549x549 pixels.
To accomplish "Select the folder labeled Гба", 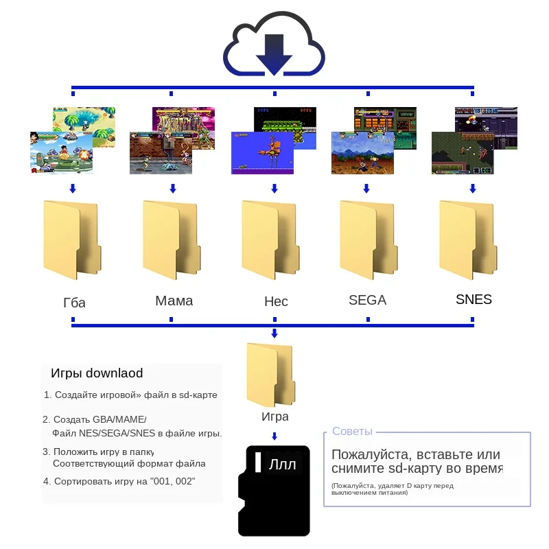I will click(70, 240).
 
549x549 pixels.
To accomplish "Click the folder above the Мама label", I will click(170, 240).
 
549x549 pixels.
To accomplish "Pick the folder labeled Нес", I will click(270, 240).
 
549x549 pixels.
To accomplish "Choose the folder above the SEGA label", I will click(367, 240).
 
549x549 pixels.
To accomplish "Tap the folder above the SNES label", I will click(467, 240).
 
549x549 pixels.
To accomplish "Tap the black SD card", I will click(274, 491).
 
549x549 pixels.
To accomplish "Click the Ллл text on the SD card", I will click(283, 465).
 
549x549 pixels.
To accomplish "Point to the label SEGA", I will click(367, 300).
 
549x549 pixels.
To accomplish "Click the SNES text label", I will click(474, 299).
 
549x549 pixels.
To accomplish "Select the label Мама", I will click(174, 301).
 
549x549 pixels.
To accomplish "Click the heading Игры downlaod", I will click(97, 373).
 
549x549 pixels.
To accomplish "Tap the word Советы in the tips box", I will click(352, 432).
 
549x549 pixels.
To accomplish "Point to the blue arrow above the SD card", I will click(274, 436).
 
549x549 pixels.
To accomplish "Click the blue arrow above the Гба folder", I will click(73, 188).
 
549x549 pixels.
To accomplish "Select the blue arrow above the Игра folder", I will click(274, 334).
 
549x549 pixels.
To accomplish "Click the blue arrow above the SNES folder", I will click(472, 188).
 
